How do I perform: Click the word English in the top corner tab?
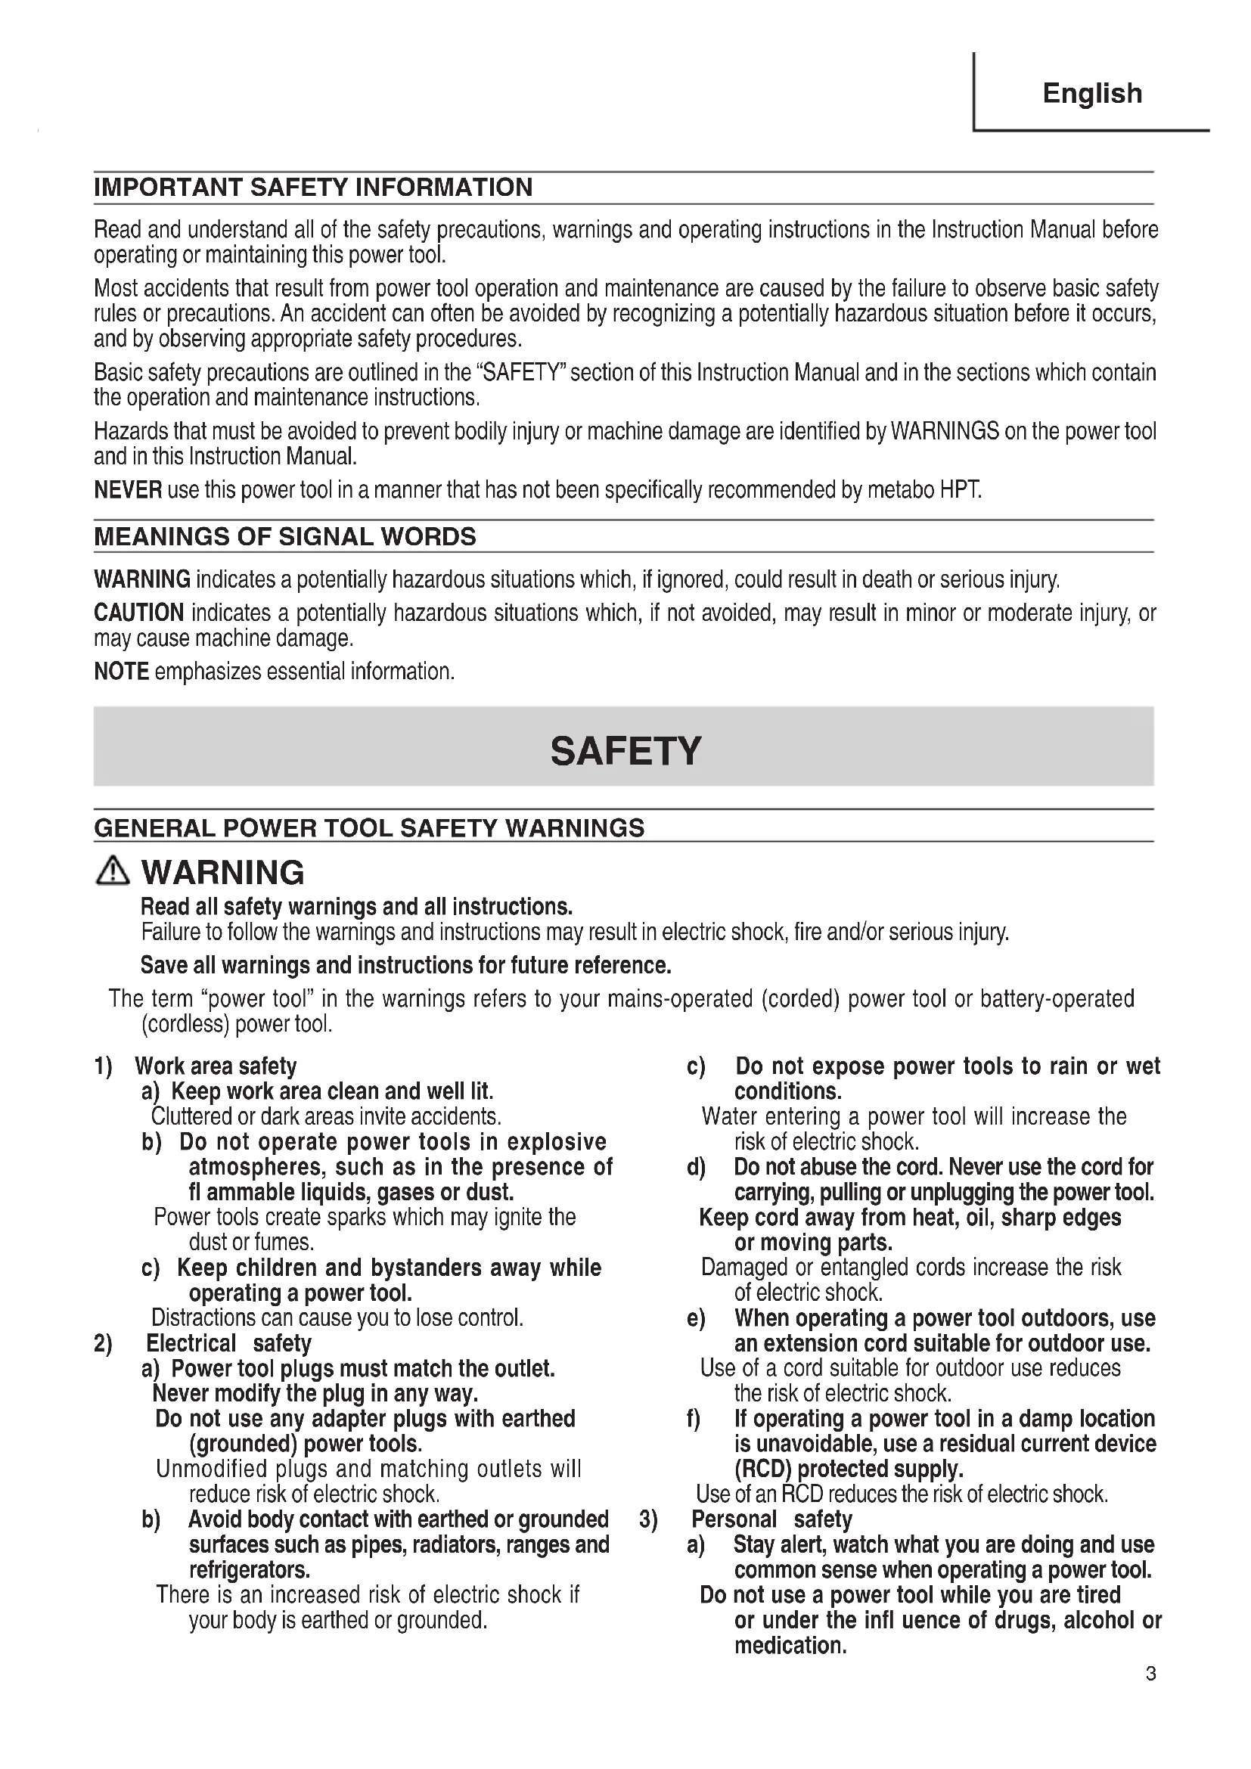[x=1091, y=93]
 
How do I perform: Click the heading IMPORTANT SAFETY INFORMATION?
[x=313, y=188]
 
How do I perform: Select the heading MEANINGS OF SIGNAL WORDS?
[x=285, y=536]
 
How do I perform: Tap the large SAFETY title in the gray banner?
[x=625, y=750]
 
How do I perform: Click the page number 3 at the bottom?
[x=1151, y=1674]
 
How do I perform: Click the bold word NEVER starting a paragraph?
[x=128, y=490]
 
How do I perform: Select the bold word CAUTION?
[x=138, y=613]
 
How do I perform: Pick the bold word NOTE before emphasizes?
[x=121, y=672]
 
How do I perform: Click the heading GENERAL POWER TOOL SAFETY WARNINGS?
[x=369, y=828]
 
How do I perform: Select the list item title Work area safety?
[x=216, y=1066]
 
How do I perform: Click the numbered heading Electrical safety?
[x=228, y=1343]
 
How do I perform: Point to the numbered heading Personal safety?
[x=772, y=1519]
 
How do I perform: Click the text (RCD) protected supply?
[x=849, y=1470]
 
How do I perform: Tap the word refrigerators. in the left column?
[x=250, y=1569]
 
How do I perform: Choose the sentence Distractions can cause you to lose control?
[x=337, y=1318]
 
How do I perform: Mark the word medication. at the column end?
[x=790, y=1645]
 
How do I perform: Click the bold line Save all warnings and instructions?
[x=405, y=965]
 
